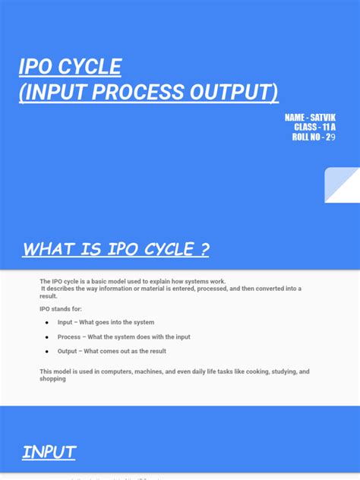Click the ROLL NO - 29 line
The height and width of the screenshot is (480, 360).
point(313,137)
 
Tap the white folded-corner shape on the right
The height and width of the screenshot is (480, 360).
point(342,185)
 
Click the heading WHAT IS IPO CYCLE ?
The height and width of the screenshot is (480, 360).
point(115,248)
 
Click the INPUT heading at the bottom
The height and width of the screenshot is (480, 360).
point(49,453)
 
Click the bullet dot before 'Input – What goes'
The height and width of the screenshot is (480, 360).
point(47,323)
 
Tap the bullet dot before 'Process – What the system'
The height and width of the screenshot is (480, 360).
point(47,337)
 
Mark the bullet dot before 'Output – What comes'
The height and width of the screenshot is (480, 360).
point(47,352)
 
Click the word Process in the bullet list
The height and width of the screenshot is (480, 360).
point(69,337)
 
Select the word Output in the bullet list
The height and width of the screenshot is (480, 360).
point(68,352)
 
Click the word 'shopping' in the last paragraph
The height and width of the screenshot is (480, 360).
point(53,378)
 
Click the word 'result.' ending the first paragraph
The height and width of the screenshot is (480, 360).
point(49,295)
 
